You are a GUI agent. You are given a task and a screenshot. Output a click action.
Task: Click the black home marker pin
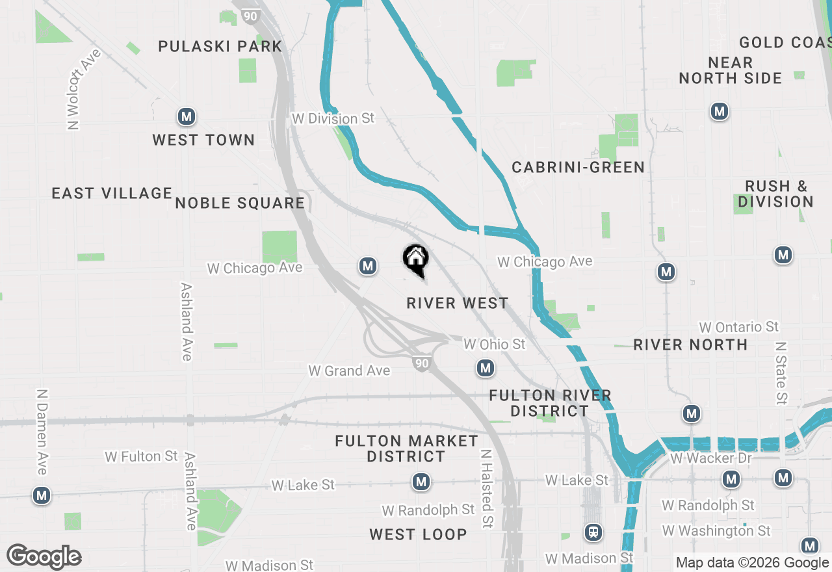[416, 259]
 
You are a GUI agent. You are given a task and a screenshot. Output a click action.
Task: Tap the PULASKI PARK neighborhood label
[220, 46]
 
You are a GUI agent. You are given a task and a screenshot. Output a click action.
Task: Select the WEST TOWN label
[203, 140]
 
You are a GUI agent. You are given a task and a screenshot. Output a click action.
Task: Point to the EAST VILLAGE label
[112, 193]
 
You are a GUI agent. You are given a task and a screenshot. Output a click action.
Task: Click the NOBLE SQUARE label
[240, 203]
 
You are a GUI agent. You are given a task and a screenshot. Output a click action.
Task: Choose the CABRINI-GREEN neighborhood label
[578, 167]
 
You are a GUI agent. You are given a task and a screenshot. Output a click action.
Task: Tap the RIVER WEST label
[458, 303]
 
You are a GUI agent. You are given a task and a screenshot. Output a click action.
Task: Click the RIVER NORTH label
[690, 344]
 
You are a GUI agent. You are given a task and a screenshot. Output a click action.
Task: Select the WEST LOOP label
[418, 534]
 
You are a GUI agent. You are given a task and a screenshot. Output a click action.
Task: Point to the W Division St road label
[333, 119]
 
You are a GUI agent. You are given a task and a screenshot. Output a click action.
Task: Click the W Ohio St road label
[494, 344]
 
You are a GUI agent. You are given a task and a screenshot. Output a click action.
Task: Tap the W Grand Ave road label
[349, 370]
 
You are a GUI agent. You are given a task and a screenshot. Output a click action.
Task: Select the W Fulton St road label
[141, 456]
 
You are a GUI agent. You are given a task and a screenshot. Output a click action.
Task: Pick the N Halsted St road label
[486, 489]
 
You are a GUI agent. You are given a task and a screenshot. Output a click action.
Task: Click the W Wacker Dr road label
[710, 458]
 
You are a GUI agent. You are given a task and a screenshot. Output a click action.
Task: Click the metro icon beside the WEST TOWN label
[187, 117]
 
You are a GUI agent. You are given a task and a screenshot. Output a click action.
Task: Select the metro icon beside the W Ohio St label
[485, 369]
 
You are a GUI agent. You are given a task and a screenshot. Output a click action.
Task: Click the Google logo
[44, 557]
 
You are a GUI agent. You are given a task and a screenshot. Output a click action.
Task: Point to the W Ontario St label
[739, 326]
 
